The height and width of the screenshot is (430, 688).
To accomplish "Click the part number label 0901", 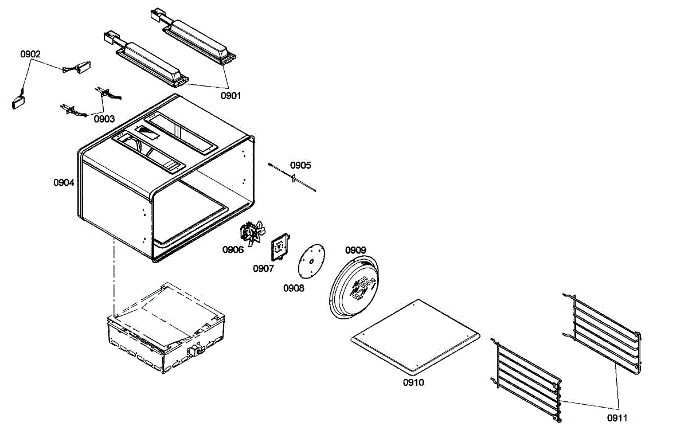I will click(231, 96).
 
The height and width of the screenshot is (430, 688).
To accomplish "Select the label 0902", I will click(30, 54).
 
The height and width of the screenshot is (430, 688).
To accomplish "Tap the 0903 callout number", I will click(104, 119).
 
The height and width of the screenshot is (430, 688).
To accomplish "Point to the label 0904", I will click(64, 183).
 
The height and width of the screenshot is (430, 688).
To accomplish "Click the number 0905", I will click(300, 165).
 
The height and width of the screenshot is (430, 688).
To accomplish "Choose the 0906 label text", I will click(233, 249).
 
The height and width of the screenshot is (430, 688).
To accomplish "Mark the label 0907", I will click(263, 268).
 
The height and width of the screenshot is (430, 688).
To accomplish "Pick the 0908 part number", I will click(294, 288).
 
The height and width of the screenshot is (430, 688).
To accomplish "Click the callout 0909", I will click(355, 250).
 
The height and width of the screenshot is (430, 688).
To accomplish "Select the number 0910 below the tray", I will click(413, 382).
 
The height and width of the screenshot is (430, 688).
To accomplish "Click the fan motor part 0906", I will click(252, 232).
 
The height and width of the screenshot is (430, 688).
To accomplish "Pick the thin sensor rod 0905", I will click(292, 177).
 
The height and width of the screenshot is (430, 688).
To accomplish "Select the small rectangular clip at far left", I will click(18, 103).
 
